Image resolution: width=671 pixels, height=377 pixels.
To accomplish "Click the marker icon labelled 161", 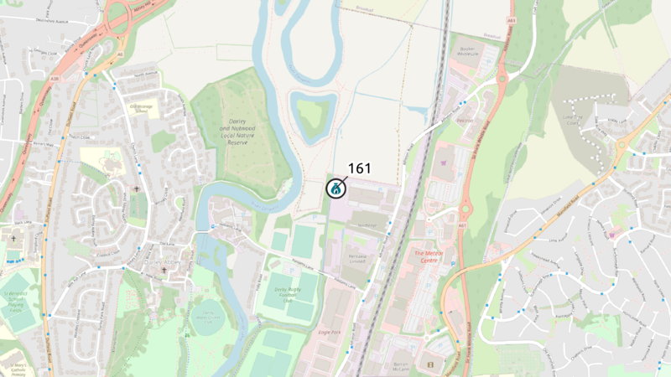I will pos(335,188).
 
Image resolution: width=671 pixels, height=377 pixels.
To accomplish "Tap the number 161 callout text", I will pos(359,168).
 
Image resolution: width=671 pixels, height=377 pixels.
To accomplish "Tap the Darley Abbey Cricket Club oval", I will pos(206,318).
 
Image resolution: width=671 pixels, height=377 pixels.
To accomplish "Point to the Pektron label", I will pos(465,121).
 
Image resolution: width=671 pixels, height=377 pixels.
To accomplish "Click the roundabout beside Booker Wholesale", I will pos(502,79).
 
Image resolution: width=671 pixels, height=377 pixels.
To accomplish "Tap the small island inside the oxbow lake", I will pos(313,112).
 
